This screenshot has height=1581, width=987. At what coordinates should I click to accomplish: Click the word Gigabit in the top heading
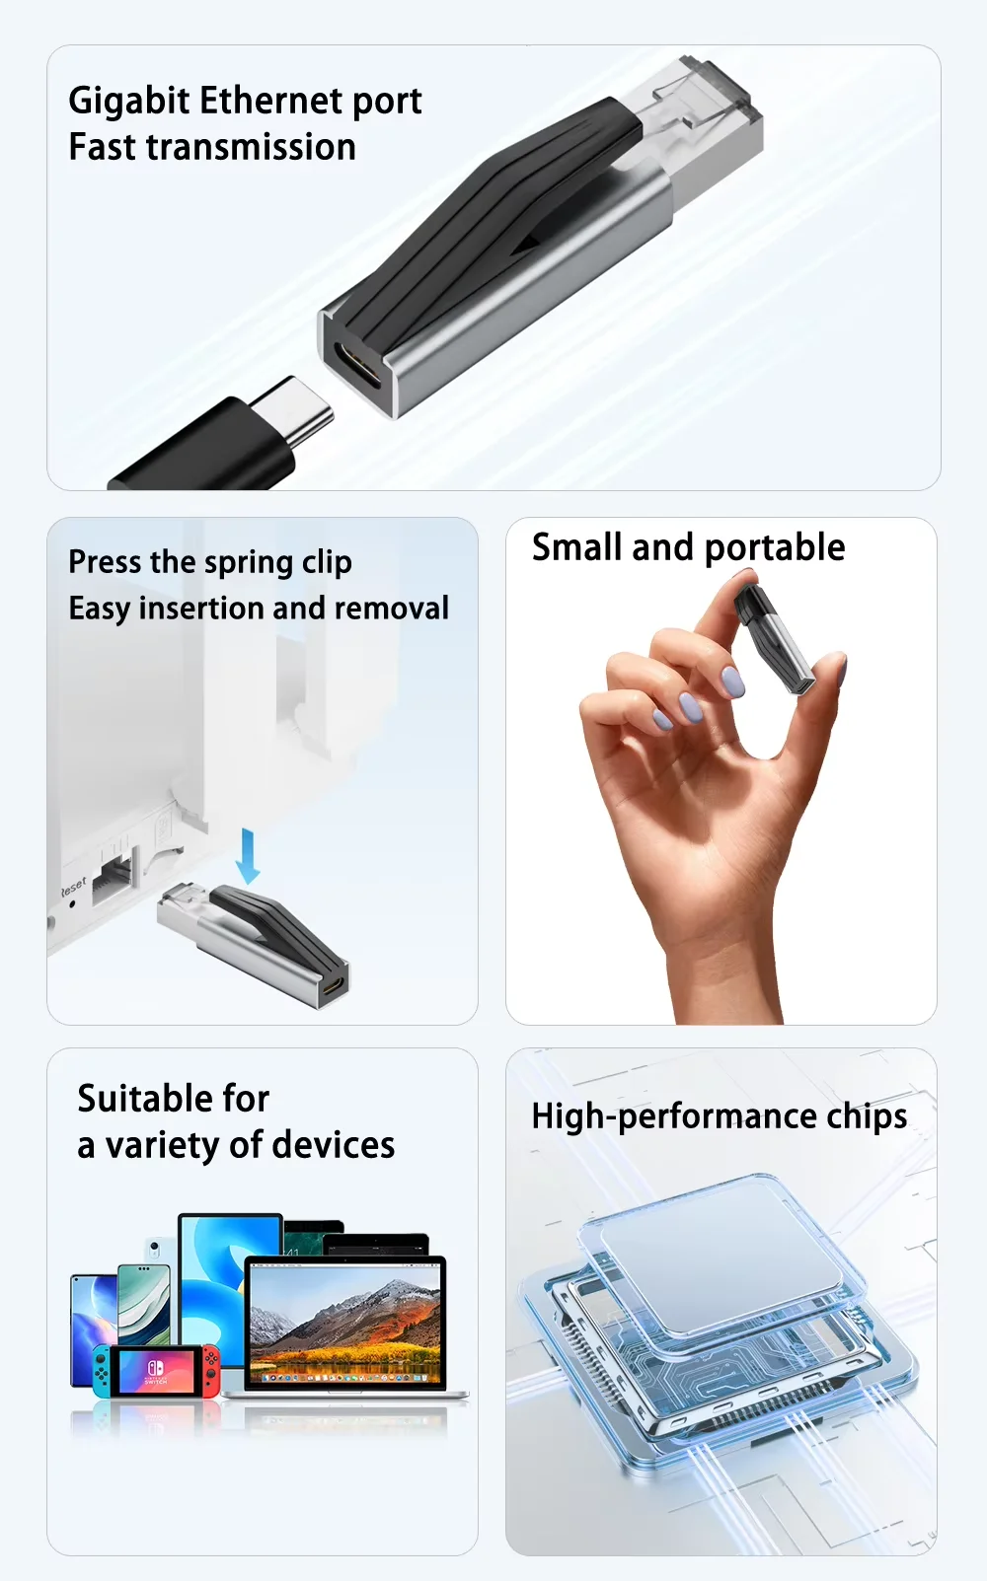[130, 101]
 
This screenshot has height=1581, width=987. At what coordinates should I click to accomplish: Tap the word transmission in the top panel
[251, 147]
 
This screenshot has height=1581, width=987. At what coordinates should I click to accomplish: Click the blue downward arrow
[248, 855]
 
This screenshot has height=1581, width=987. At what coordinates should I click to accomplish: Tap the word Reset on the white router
[73, 886]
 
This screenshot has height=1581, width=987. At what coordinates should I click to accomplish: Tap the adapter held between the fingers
[775, 639]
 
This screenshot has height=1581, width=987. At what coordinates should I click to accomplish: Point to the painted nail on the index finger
[732, 682]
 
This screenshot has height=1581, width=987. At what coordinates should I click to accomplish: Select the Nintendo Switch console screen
[155, 1371]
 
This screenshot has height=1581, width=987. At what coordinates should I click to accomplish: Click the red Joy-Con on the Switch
[210, 1371]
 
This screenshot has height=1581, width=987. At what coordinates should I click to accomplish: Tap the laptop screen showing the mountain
[345, 1324]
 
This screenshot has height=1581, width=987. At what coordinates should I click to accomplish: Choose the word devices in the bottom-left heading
[334, 1145]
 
